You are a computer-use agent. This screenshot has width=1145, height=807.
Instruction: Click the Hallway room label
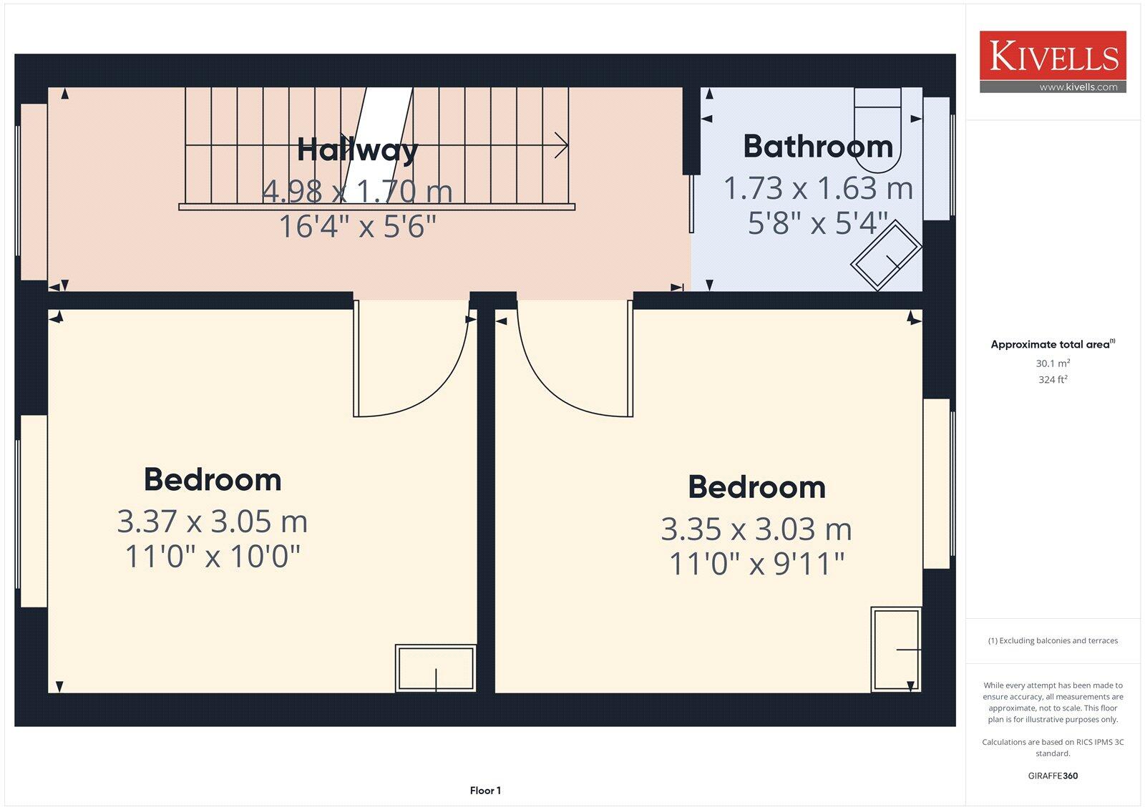point(357,150)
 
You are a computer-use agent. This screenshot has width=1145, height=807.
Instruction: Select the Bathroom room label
point(818,147)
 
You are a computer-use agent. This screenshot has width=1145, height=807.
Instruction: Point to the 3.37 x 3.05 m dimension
point(213,522)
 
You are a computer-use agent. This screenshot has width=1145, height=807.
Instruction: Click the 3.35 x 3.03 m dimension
point(756,529)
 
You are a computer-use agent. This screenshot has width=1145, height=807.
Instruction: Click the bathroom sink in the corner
point(886,255)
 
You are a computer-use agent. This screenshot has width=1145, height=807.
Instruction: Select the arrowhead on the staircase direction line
point(562,145)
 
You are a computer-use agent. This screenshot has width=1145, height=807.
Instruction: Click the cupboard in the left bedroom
point(436,669)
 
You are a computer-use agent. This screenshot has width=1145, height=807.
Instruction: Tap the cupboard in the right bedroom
point(895,650)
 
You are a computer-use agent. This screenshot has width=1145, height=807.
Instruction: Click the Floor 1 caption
point(485,791)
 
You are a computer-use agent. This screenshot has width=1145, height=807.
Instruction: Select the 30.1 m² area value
point(1053,363)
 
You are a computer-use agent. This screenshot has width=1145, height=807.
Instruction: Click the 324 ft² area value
point(1053,380)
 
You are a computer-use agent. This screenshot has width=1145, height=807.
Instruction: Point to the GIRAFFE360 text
point(1053,776)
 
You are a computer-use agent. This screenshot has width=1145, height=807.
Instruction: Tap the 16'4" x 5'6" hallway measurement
point(357,227)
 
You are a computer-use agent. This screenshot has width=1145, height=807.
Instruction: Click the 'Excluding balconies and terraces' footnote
point(1053,641)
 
